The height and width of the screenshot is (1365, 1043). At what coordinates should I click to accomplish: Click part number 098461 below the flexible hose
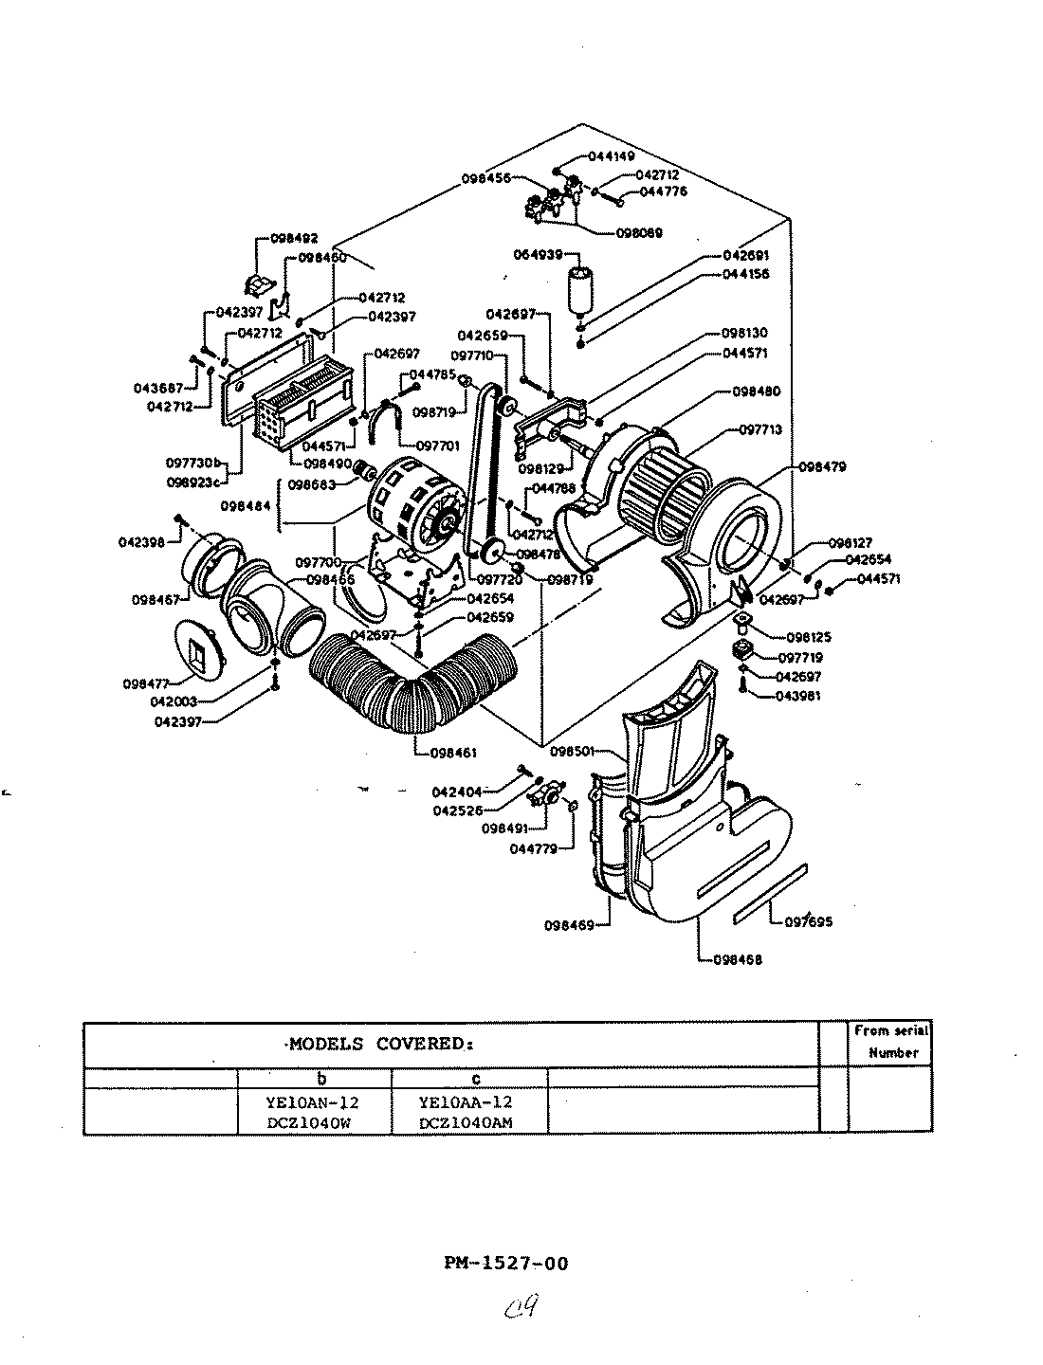pyautogui.click(x=447, y=754)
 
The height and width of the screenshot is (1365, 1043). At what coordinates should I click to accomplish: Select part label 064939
pyautogui.click(x=539, y=255)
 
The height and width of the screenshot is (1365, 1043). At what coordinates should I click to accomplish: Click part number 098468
pyautogui.click(x=736, y=959)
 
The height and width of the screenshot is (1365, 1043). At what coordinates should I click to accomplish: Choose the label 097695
pyautogui.click(x=808, y=920)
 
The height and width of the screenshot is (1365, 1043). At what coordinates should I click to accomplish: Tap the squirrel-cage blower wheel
pyautogui.click(x=664, y=493)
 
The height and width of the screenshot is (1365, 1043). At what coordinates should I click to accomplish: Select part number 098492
pyautogui.click(x=294, y=239)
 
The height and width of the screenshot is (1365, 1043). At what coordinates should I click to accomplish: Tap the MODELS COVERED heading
pyautogui.click(x=379, y=1045)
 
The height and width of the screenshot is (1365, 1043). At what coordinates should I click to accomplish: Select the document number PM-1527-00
pyautogui.click(x=506, y=1263)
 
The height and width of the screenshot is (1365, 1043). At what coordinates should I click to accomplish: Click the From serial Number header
pyautogui.click(x=890, y=1041)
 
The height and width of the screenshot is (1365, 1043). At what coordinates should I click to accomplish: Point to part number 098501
pyautogui.click(x=575, y=751)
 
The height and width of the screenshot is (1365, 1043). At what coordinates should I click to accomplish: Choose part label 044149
pyautogui.click(x=612, y=155)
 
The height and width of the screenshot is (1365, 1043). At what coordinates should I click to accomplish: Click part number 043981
pyautogui.click(x=799, y=697)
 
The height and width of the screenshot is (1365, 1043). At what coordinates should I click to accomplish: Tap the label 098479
pyautogui.click(x=823, y=467)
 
